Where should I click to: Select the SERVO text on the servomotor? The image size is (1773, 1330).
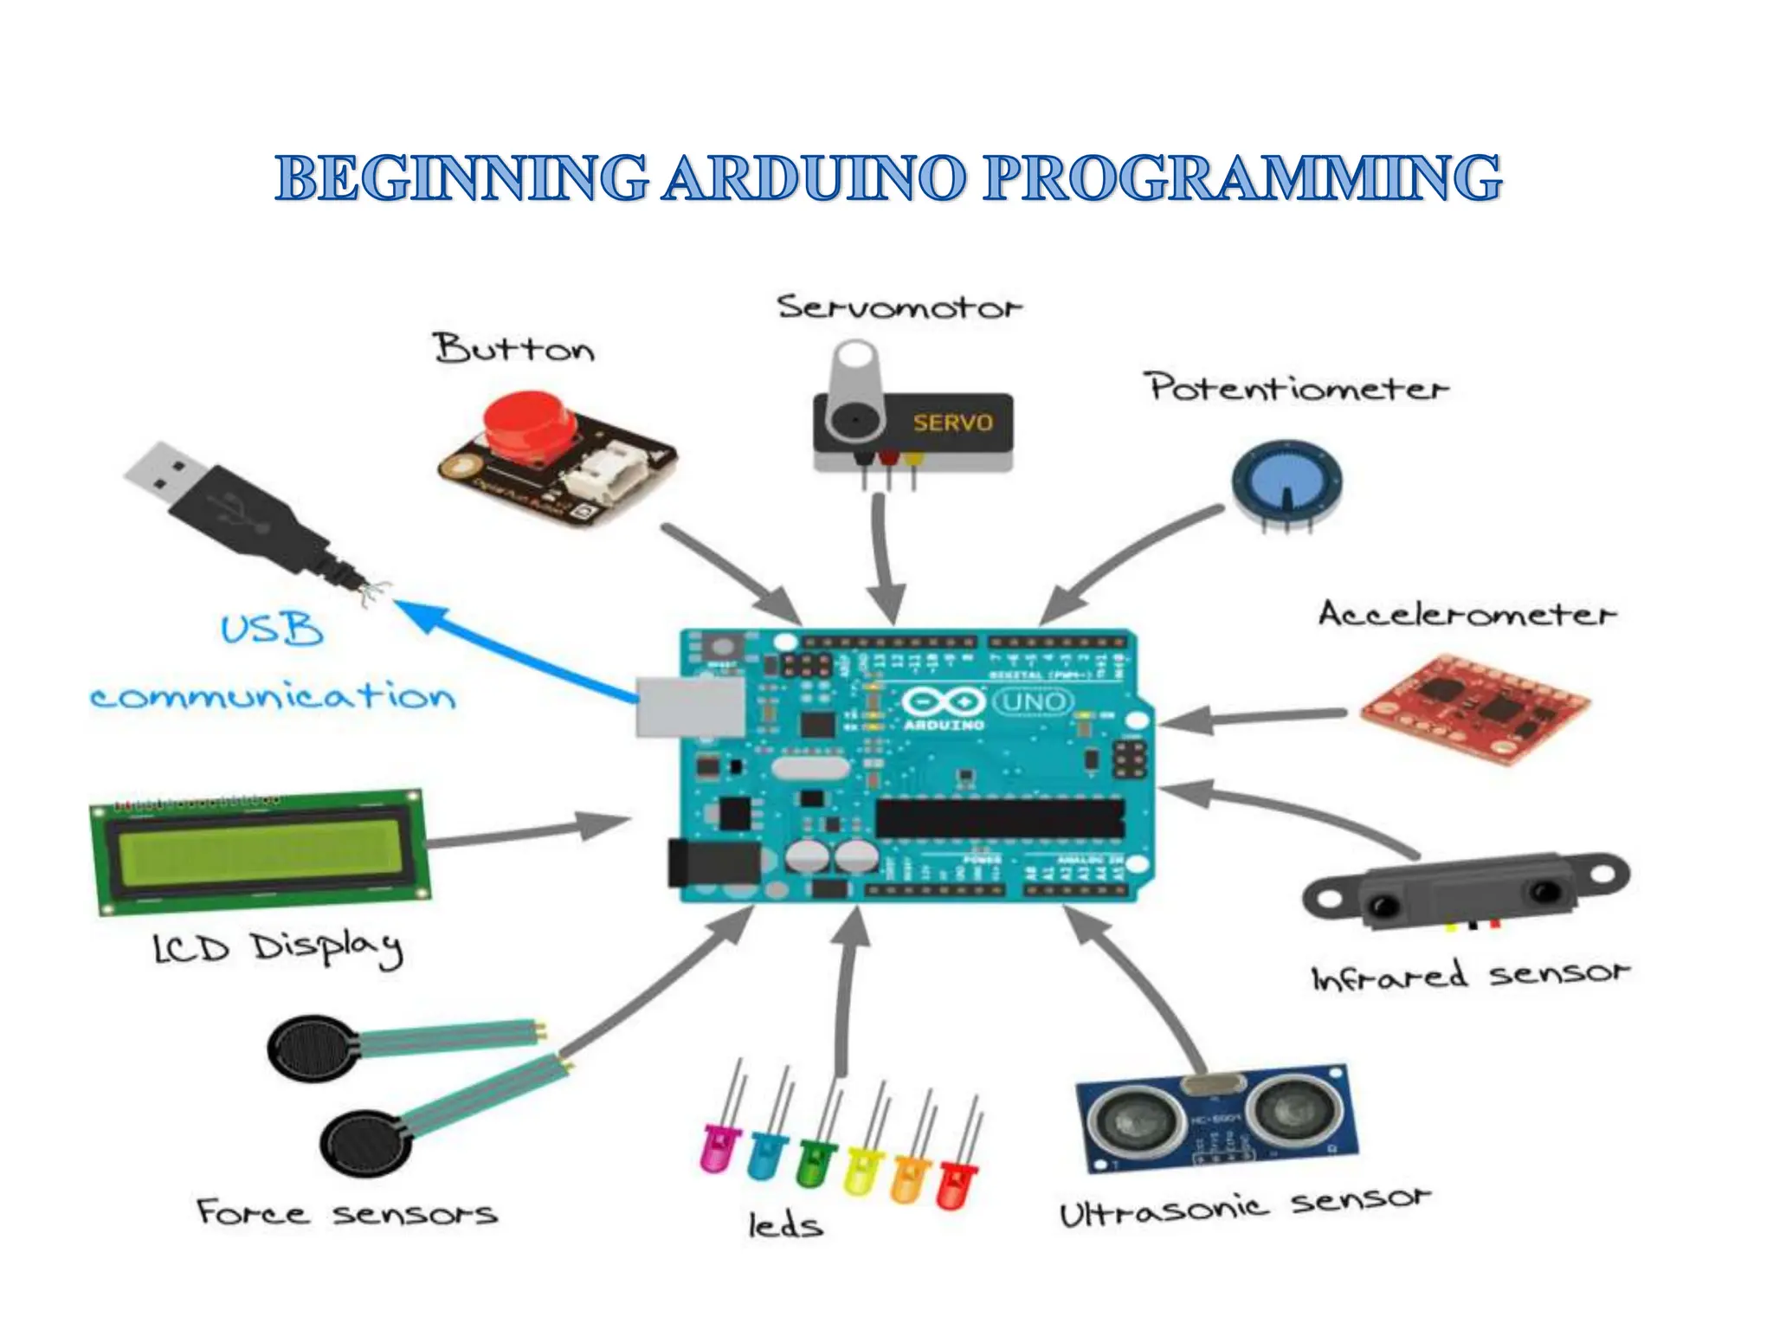(x=952, y=423)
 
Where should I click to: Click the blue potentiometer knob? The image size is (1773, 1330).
(x=1286, y=481)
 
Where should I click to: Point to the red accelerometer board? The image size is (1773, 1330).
(x=1474, y=708)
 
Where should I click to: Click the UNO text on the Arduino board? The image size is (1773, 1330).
(x=1032, y=701)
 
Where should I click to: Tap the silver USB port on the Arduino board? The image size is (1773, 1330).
(x=690, y=707)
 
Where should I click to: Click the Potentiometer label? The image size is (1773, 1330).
(x=1297, y=387)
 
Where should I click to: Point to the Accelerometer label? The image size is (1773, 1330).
(x=1466, y=614)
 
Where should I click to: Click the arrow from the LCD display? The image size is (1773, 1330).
(x=528, y=833)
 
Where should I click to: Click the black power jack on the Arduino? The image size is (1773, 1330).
(x=713, y=862)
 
